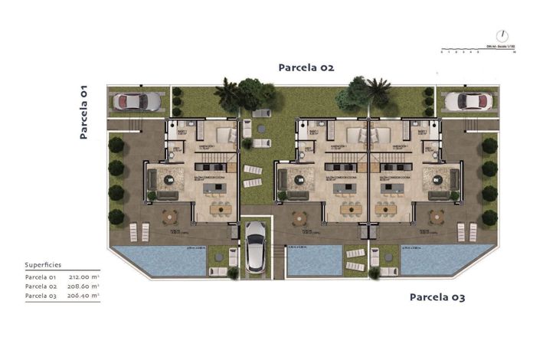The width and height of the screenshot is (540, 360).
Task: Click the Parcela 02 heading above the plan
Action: coord(306,67)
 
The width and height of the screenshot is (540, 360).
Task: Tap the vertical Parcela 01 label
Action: coord(84,112)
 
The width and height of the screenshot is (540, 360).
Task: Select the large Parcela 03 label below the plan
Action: coord(437,296)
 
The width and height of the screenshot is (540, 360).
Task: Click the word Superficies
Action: coord(43,263)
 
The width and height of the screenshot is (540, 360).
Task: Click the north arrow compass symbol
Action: coord(502,35)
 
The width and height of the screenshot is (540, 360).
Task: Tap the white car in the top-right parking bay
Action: coord(466,101)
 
